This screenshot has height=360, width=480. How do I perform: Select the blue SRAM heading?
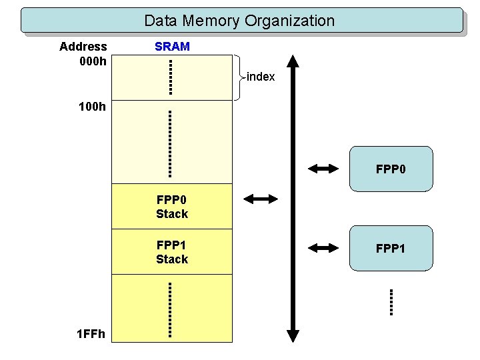click(172, 47)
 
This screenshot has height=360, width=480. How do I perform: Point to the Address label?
click(83, 47)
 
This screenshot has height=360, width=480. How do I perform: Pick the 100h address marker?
click(93, 106)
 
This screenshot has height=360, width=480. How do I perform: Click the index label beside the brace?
click(261, 77)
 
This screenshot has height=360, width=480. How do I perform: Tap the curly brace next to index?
click(238, 77)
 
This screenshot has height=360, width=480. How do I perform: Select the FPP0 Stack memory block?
click(172, 207)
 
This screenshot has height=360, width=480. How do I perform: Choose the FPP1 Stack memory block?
click(172, 252)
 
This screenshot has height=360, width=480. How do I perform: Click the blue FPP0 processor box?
click(391, 169)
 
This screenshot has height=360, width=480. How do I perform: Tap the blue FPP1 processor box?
click(391, 248)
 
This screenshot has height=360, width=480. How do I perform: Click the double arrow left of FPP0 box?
click(325, 169)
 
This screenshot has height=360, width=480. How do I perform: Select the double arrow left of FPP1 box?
click(325, 248)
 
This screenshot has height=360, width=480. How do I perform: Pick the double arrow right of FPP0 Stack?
click(261, 199)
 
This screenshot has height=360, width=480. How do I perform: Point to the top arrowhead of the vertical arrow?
click(293, 61)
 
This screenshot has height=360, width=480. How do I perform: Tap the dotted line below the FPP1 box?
click(391, 301)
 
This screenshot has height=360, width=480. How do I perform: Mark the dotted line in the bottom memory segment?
click(171, 311)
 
